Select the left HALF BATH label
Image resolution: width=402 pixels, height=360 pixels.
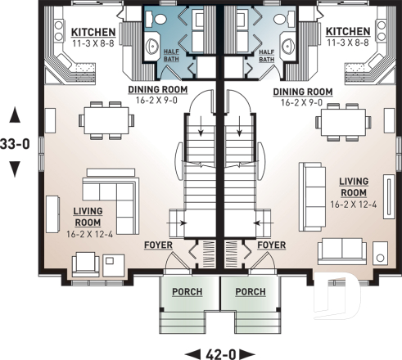pos(173,54)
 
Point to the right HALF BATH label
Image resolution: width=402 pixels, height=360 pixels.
pos(266,54)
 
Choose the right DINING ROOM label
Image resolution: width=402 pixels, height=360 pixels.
pos(302,92)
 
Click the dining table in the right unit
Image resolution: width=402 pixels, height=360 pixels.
pos(343,121)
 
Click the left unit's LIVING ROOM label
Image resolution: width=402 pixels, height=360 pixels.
pos(88,216)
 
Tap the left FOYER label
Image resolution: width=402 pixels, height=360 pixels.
pos(157,245)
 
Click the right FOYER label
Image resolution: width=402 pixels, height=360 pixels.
pos(270,245)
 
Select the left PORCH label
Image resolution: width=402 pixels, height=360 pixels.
pos(187,291)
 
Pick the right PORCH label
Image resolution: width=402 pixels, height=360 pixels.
pos(251,291)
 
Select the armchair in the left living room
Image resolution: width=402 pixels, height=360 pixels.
pos(86,262)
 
